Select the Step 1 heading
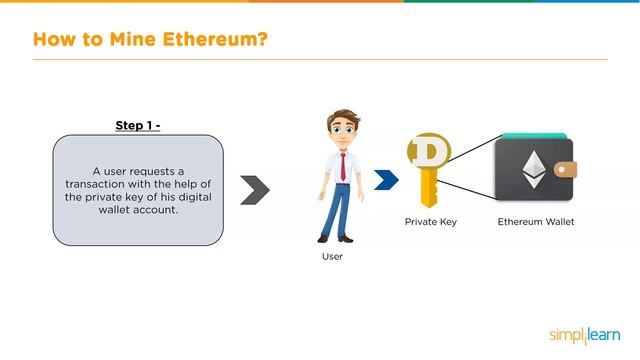(137, 125)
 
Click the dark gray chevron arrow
(255, 189)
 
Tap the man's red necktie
(343, 164)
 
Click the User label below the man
(332, 257)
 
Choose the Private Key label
(430, 221)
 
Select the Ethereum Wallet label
(536, 221)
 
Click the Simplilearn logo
(585, 335)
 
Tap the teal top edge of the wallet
(536, 137)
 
